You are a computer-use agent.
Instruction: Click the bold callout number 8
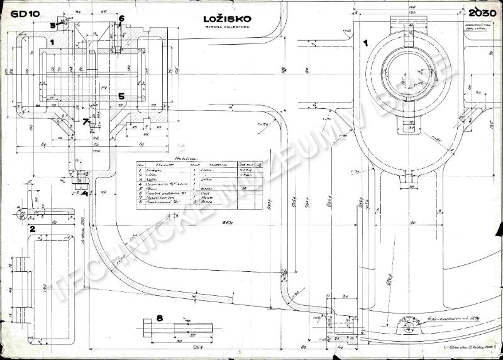tap(160, 318)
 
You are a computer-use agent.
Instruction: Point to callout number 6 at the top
tap(121, 18)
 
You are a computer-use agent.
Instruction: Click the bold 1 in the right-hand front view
tap(366, 43)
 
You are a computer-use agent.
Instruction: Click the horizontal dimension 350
tap(218, 224)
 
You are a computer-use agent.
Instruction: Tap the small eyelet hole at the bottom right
tap(404, 325)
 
